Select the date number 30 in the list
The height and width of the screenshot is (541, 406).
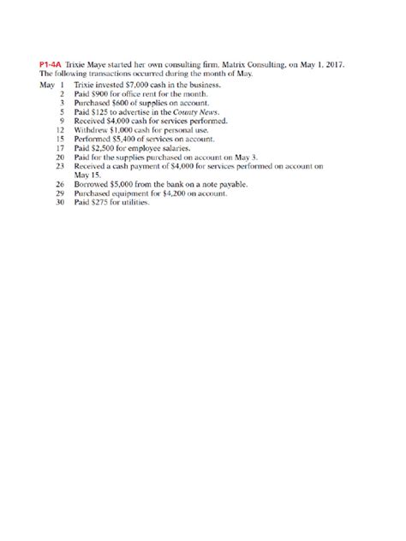[x=61, y=202]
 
